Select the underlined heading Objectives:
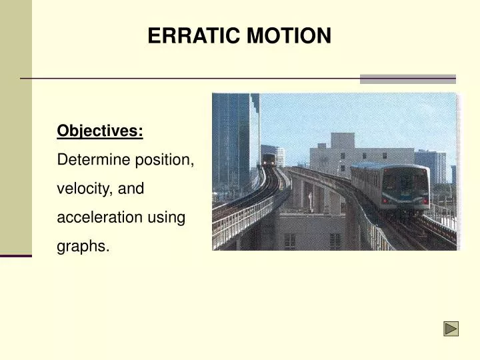100,131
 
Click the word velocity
85,189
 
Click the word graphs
83,246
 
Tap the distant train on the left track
269,160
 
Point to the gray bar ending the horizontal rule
407,79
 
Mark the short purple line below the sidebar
15,255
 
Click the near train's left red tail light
385,200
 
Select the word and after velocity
131,189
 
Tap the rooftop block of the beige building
342,141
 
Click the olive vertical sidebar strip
15,127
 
